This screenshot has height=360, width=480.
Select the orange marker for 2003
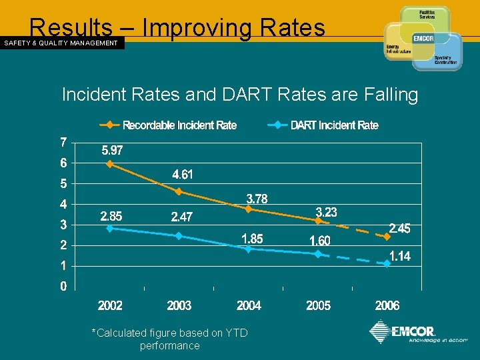(x=179, y=191)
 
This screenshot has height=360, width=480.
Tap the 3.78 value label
(x=257, y=199)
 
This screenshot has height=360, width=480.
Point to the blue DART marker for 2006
(x=387, y=264)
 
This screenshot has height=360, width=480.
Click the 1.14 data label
(x=400, y=256)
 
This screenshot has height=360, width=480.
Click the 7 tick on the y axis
(x=63, y=142)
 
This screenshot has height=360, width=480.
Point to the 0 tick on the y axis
(x=63, y=287)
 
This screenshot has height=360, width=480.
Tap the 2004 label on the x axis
(x=249, y=306)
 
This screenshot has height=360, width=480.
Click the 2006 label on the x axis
(x=387, y=306)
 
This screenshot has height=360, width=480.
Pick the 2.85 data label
(x=111, y=217)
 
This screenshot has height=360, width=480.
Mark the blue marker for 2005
(x=318, y=254)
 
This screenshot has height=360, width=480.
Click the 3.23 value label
(x=326, y=213)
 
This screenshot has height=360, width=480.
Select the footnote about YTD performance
(x=169, y=339)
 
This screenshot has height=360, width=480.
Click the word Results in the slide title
(x=71, y=27)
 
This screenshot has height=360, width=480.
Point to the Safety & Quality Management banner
(x=61, y=43)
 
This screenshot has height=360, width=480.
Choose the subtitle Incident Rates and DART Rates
(x=239, y=95)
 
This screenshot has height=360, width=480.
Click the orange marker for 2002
(x=110, y=164)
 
